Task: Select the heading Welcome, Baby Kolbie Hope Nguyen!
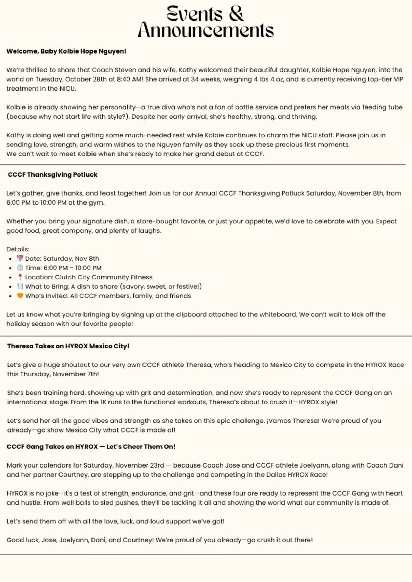point(66,51)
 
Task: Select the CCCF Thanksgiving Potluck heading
point(53,174)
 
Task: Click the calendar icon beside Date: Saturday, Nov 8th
point(20,258)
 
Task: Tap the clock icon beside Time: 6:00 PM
point(20,268)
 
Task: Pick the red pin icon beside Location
point(20,277)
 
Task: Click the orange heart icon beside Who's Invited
point(20,296)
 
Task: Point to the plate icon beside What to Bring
point(20,286)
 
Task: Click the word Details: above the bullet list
point(18,249)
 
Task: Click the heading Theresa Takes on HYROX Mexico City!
point(68,346)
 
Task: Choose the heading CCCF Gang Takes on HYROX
point(91,446)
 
